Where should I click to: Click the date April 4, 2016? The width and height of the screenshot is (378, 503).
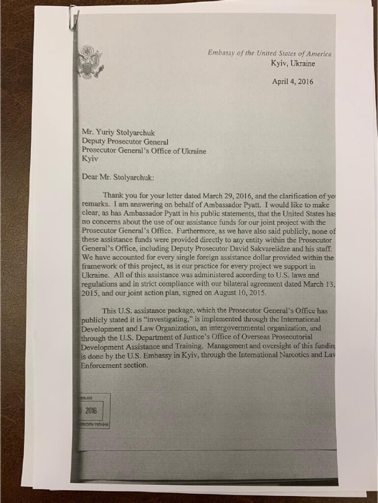292,82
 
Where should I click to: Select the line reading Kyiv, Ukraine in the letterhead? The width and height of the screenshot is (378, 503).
293,63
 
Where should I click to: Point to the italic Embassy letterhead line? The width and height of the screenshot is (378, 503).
269,53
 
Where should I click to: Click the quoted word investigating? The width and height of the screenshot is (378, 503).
162,319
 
